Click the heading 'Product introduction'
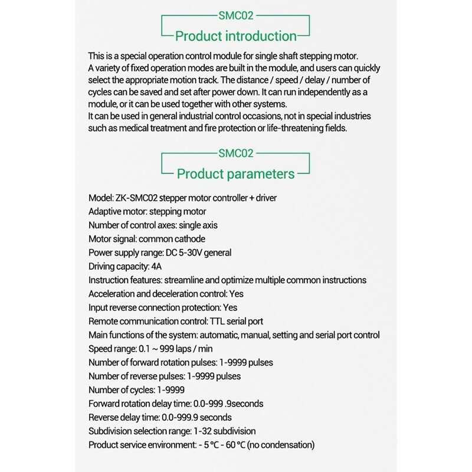point(236,36)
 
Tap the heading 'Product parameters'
point(236,174)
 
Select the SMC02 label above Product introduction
point(236,16)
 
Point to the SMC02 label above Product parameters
point(236,153)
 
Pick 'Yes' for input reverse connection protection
point(230,307)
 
